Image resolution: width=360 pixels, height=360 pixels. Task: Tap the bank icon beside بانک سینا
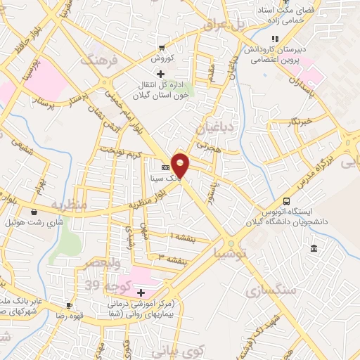(165, 168)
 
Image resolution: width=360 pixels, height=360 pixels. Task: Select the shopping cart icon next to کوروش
(162, 49)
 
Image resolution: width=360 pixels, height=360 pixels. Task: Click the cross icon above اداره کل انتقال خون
(160, 74)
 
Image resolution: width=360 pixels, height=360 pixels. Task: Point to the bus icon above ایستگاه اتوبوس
(285, 200)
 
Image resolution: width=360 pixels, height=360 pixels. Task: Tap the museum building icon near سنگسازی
(313, 249)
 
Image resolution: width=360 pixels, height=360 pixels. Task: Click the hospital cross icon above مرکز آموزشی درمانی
(141, 292)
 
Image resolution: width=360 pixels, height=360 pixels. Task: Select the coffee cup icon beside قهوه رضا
(69, 305)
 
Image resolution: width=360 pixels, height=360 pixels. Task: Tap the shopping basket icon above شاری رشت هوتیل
(34, 211)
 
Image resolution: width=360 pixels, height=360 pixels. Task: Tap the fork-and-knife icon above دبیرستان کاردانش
(275, 39)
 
